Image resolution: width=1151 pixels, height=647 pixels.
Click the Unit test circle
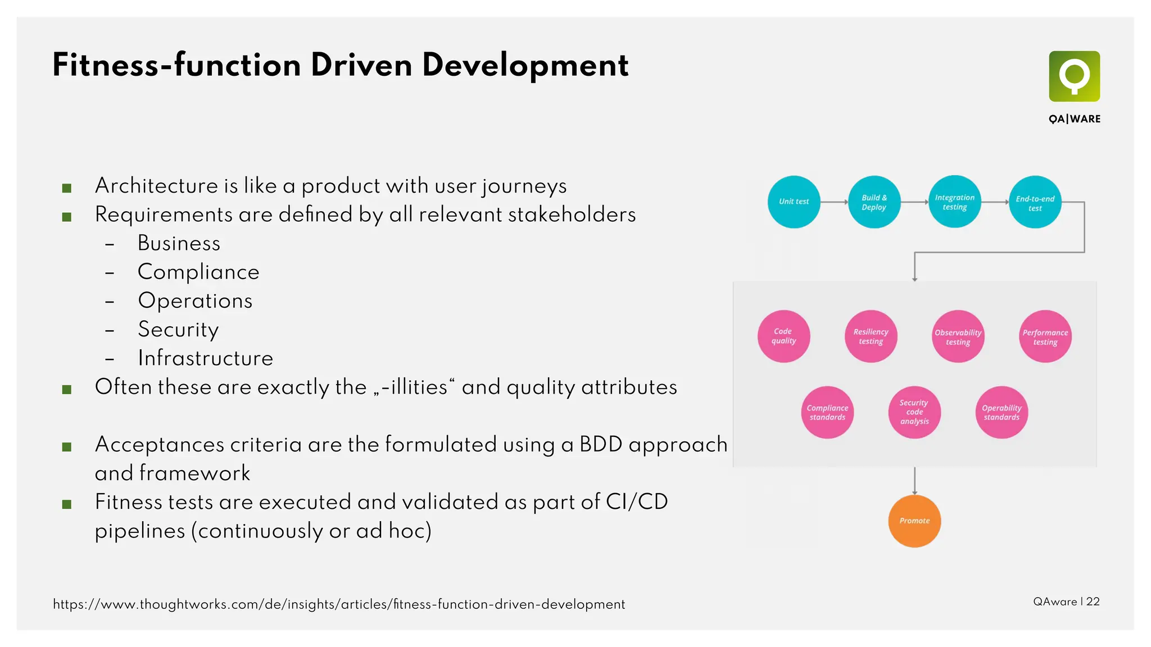click(794, 202)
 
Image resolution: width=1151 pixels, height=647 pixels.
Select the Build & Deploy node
click(874, 202)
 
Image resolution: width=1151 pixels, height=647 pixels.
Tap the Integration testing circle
click(954, 202)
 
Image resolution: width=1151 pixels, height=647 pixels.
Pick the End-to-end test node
click(1035, 202)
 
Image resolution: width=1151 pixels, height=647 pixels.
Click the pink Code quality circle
click(783, 336)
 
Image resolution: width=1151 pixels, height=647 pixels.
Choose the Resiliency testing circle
click(871, 336)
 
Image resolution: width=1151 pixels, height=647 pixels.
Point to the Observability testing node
click(958, 336)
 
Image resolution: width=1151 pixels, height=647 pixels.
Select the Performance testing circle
click(1045, 336)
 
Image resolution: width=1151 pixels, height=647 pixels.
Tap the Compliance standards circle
click(827, 412)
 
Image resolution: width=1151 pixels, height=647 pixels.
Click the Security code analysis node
click(914, 412)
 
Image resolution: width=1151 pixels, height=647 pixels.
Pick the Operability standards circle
click(1002, 412)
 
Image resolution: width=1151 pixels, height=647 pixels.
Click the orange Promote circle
click(914, 521)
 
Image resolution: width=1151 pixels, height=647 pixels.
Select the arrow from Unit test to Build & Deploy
click(834, 202)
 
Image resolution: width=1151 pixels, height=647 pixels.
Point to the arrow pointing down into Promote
click(914, 481)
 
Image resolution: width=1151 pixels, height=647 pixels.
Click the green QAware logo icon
click(1074, 76)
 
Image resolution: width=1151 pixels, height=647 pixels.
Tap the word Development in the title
click(525, 66)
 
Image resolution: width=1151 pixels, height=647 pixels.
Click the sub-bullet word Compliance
click(198, 272)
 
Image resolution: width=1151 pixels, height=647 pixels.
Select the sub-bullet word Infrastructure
click(205, 358)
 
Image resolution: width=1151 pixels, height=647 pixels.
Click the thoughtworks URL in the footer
click(339, 604)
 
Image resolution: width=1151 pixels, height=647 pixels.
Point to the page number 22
click(1093, 602)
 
